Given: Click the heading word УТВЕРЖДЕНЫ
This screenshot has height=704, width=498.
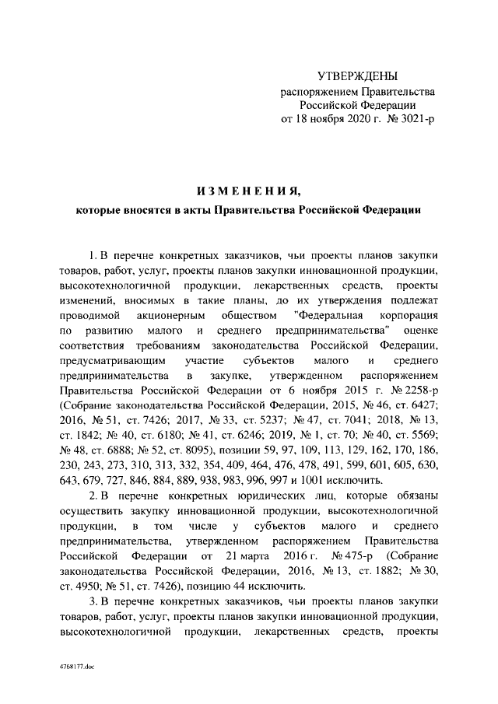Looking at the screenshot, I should coord(358,76).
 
